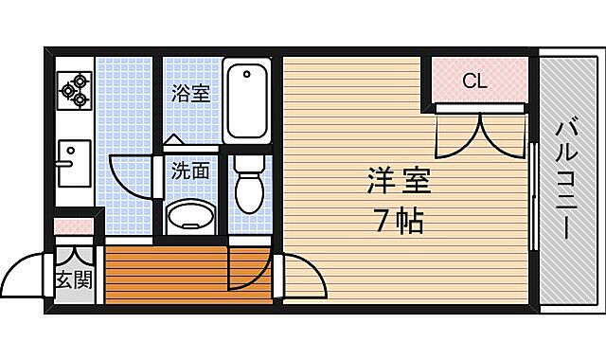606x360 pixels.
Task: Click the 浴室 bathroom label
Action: coord(190,93)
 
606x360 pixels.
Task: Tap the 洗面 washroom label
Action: coord(189,171)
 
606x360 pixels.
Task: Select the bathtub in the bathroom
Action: coord(248,99)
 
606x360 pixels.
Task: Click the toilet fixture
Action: coord(249,186)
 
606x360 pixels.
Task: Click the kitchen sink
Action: coord(73,163)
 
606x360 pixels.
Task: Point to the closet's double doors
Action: coord(481,134)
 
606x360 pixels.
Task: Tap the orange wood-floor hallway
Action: coord(166,275)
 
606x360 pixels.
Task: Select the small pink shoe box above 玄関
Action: coord(73,227)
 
